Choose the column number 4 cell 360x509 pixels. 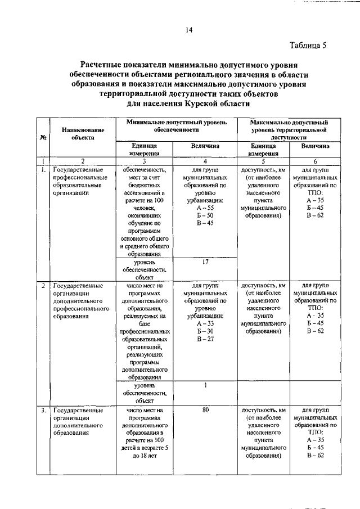205,160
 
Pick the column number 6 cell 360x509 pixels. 315,160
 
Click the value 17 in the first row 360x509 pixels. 205,262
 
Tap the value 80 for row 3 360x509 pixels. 205,410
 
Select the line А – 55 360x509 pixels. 205,208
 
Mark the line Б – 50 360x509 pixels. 205,215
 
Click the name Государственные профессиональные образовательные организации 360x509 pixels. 79,180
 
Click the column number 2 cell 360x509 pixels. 83,160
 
